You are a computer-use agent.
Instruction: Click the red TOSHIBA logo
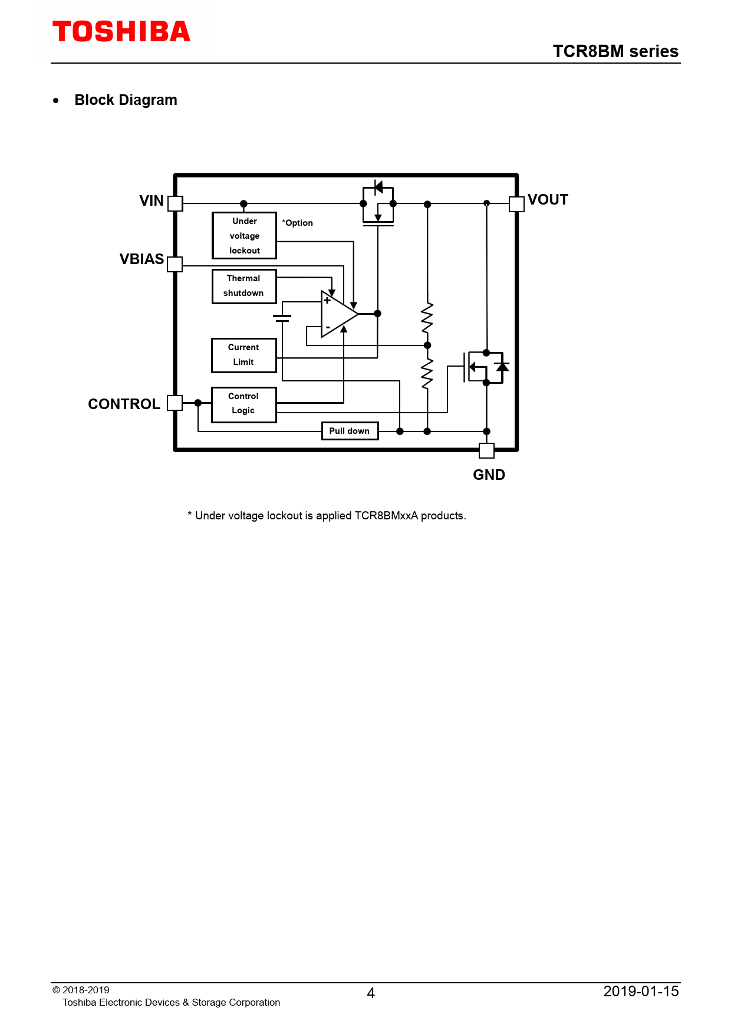121,32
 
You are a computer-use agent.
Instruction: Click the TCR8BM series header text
615,51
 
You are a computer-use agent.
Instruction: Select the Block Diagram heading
126,100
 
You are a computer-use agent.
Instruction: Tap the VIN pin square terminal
176,203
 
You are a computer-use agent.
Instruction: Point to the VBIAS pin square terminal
175,264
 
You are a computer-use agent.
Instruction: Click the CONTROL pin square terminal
175,403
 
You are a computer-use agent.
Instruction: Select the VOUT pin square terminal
516,203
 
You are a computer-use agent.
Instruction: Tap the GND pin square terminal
486,450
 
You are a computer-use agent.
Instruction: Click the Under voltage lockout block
244,235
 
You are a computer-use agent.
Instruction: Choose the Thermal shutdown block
244,286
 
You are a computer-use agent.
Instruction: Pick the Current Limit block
244,355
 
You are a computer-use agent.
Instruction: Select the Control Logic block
244,404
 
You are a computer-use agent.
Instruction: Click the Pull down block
350,431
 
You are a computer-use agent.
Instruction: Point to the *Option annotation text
298,223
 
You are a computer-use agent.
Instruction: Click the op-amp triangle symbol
340,314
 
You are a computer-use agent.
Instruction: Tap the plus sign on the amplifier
327,301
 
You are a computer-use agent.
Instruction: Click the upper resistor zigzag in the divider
427,318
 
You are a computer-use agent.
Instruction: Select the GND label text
489,475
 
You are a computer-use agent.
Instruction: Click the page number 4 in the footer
371,993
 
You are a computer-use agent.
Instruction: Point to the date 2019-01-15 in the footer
641,991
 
